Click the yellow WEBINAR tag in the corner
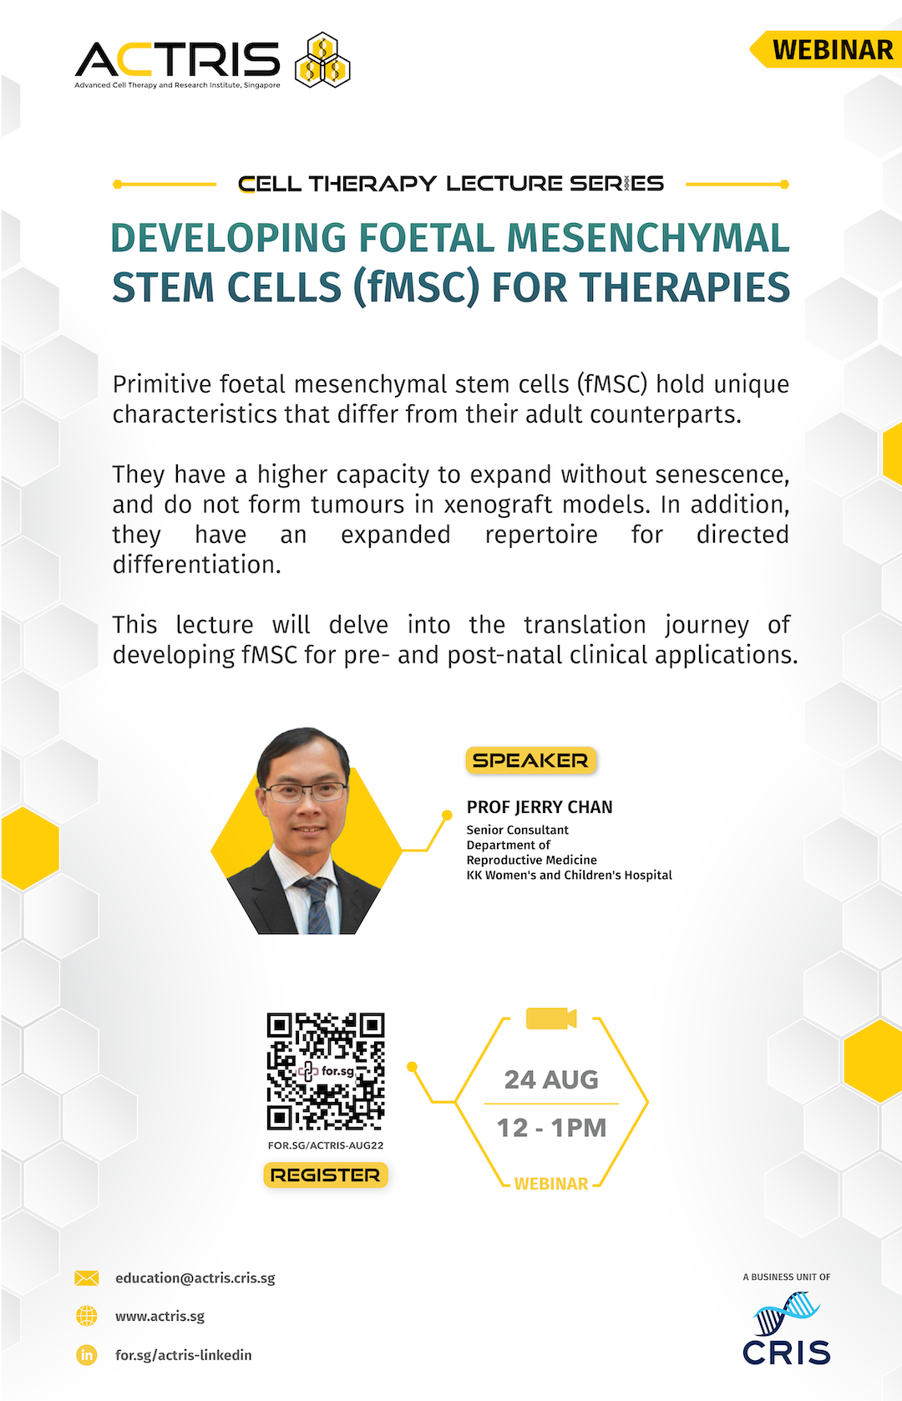click(825, 49)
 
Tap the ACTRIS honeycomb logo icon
click(322, 60)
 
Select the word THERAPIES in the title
click(685, 287)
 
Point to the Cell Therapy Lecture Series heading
click(451, 184)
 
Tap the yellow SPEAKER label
click(530, 760)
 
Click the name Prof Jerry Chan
click(540, 807)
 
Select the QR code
click(326, 1072)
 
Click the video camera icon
click(550, 1018)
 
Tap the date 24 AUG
click(551, 1079)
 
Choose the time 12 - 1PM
click(551, 1128)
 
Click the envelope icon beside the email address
click(87, 1278)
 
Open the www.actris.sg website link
click(160, 1316)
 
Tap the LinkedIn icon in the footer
click(87, 1355)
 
